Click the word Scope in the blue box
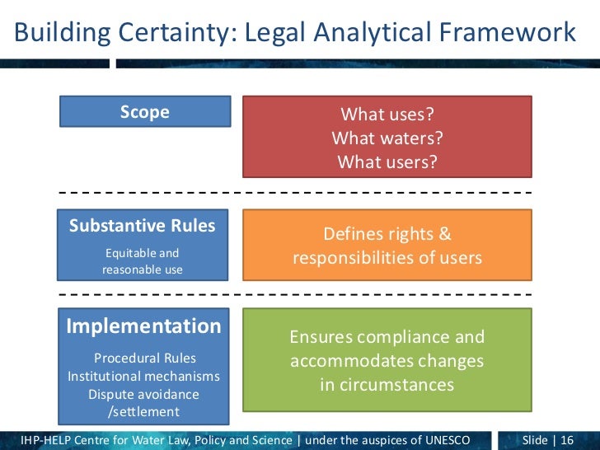tap(144, 112)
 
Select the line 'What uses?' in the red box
tap(387, 114)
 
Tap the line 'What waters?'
tap(387, 138)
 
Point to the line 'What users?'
tap(387, 162)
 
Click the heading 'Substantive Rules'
tap(143, 226)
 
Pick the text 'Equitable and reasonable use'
tap(143, 261)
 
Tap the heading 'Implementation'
tap(143, 326)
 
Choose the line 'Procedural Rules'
tap(145, 358)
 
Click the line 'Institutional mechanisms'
tap(144, 376)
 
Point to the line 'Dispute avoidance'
tap(144, 394)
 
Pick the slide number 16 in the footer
tap(567, 439)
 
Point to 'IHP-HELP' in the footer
tap(49, 439)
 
